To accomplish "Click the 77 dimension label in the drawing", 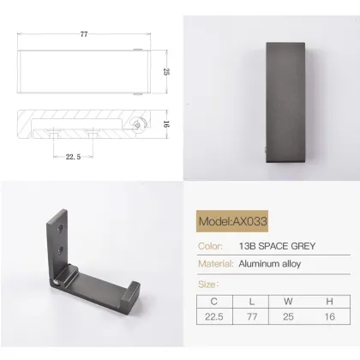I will (x=83, y=34).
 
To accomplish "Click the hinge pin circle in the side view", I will (x=135, y=125).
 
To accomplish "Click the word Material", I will (x=216, y=264).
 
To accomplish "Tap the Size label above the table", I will (x=208, y=283).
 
